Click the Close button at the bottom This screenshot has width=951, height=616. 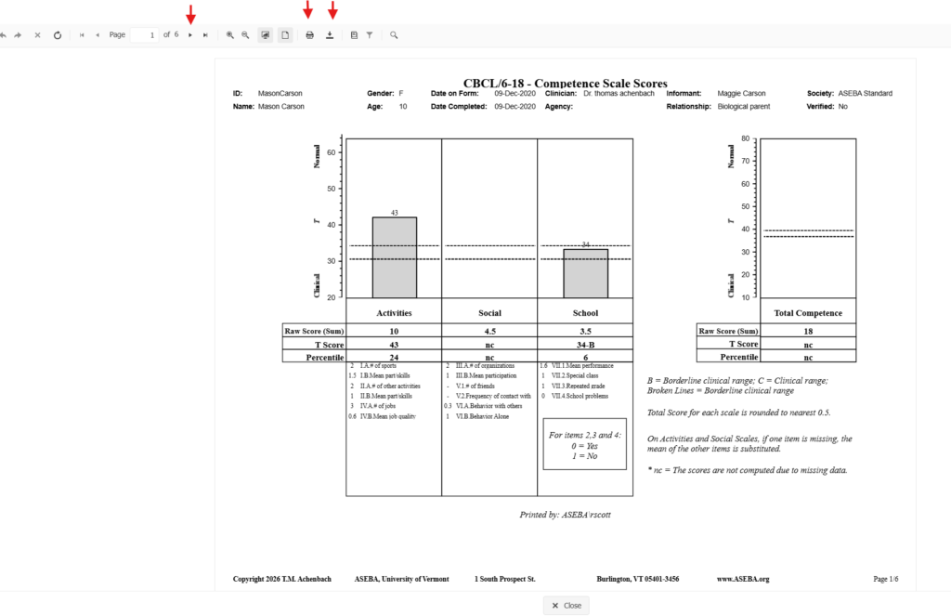coord(566,605)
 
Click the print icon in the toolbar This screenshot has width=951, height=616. coord(309,35)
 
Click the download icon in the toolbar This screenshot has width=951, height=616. coord(331,35)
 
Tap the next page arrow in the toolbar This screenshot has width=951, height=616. coord(190,35)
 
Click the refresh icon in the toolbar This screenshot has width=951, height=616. coord(57,35)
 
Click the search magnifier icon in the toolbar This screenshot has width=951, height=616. coord(394,35)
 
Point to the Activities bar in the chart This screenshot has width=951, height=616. coord(395,257)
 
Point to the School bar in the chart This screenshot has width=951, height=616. coord(585,273)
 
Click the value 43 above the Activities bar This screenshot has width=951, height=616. coord(395,213)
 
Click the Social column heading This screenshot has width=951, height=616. coord(489,313)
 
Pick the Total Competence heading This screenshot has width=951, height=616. coord(808,313)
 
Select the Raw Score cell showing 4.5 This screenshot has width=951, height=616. coord(489,331)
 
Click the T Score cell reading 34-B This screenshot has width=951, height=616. coord(585,344)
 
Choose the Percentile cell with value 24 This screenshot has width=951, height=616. coord(394,357)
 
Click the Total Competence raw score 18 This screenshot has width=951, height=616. coord(808,331)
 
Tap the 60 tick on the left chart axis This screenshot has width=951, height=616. coord(332,151)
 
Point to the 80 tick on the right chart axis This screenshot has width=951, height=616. coord(745,139)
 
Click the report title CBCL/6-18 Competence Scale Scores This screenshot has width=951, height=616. coord(565,84)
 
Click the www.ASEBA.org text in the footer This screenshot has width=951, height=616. coord(743,579)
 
